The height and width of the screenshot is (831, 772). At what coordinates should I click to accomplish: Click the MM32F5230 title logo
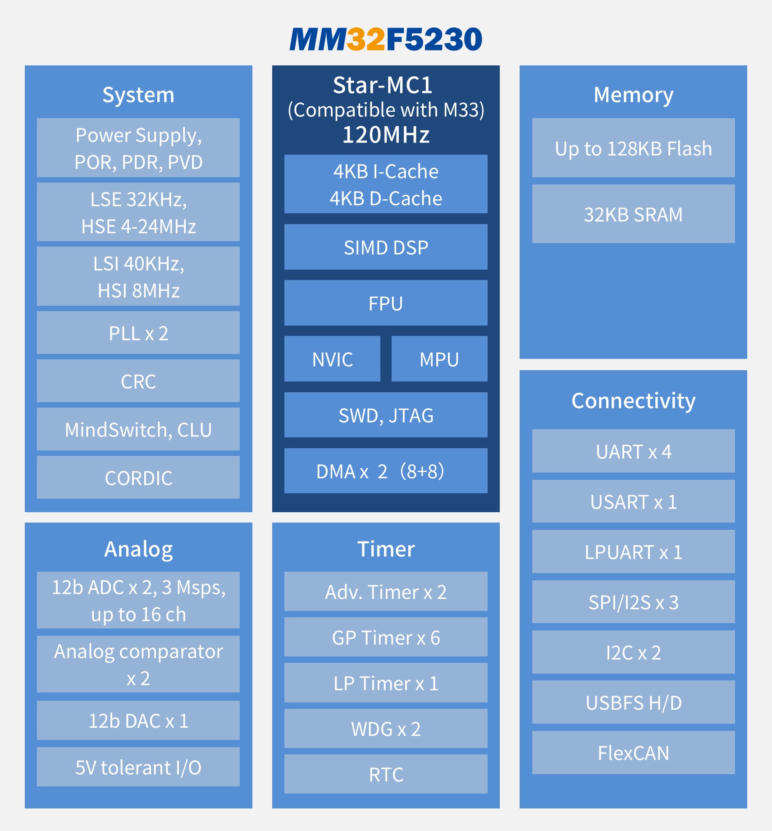coord(386,39)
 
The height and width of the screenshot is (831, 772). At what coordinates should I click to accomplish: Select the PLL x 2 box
coord(138,333)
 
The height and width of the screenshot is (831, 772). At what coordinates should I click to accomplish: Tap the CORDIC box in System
coord(138,477)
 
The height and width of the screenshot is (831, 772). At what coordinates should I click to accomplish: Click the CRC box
coord(138,381)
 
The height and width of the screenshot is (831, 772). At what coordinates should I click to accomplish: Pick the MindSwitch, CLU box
coord(138,429)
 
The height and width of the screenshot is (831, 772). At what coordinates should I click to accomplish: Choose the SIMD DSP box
coord(386,247)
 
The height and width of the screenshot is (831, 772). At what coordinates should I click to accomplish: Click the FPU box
coord(386,303)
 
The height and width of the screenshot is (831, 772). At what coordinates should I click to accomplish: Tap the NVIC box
coord(333,359)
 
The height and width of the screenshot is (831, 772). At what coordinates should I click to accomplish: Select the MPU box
coord(439,359)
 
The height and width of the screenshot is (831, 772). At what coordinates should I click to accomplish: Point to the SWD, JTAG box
coord(386,415)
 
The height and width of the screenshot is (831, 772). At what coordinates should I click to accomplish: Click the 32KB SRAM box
coord(634,214)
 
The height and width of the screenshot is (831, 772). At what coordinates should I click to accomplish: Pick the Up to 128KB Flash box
coord(634,148)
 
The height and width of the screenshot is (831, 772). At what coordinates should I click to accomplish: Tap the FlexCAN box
coord(634,753)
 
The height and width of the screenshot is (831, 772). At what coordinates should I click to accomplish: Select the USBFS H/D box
coord(634,702)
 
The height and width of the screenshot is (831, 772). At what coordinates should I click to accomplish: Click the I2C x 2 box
coord(634,652)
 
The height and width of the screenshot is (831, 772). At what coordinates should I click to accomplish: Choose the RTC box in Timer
coord(386,774)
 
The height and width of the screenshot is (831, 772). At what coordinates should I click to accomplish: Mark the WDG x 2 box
coord(386,729)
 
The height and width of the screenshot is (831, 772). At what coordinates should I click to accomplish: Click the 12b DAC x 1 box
coord(138,721)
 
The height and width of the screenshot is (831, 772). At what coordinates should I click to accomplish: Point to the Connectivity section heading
coord(634,400)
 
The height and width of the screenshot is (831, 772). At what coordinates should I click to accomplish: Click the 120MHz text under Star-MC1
coord(386,134)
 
